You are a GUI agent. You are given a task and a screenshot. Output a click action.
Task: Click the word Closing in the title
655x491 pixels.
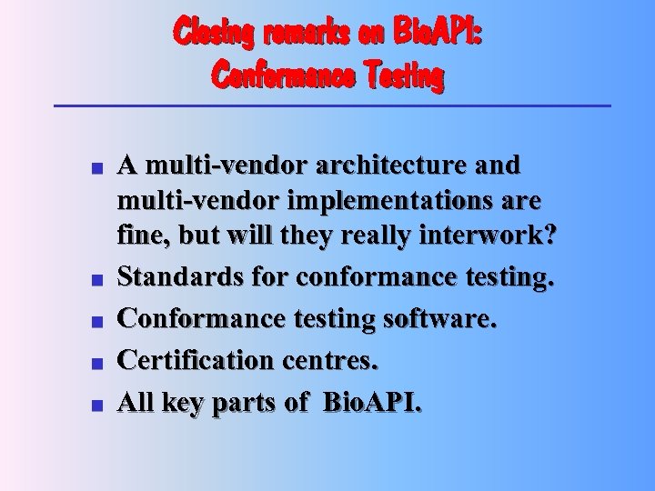(215, 34)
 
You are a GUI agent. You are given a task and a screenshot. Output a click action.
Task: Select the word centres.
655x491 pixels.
(329, 360)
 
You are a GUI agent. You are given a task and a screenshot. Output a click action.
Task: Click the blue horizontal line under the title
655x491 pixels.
(332, 106)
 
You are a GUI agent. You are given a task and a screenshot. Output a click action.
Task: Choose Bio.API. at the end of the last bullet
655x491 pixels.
(373, 403)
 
